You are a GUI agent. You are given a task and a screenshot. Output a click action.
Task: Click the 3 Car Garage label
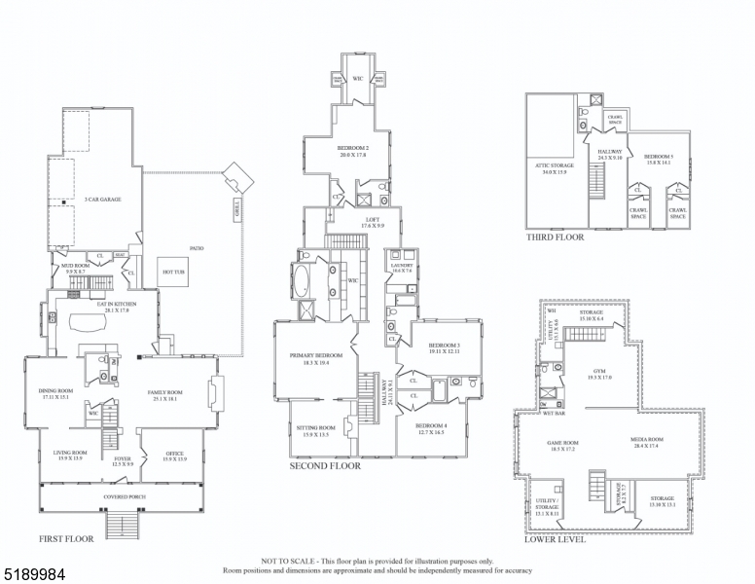pyautogui.click(x=102, y=199)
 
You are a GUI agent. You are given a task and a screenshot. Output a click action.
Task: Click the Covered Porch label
pyautogui.click(x=124, y=497)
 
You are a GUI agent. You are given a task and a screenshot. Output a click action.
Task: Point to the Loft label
pyautogui.click(x=373, y=220)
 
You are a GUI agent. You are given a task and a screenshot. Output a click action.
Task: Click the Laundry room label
pyautogui.click(x=402, y=265)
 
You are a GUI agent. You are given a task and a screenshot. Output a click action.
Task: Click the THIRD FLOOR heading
pyautogui.click(x=555, y=237)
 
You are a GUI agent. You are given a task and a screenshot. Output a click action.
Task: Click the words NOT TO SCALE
pyautogui.click(x=283, y=563)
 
